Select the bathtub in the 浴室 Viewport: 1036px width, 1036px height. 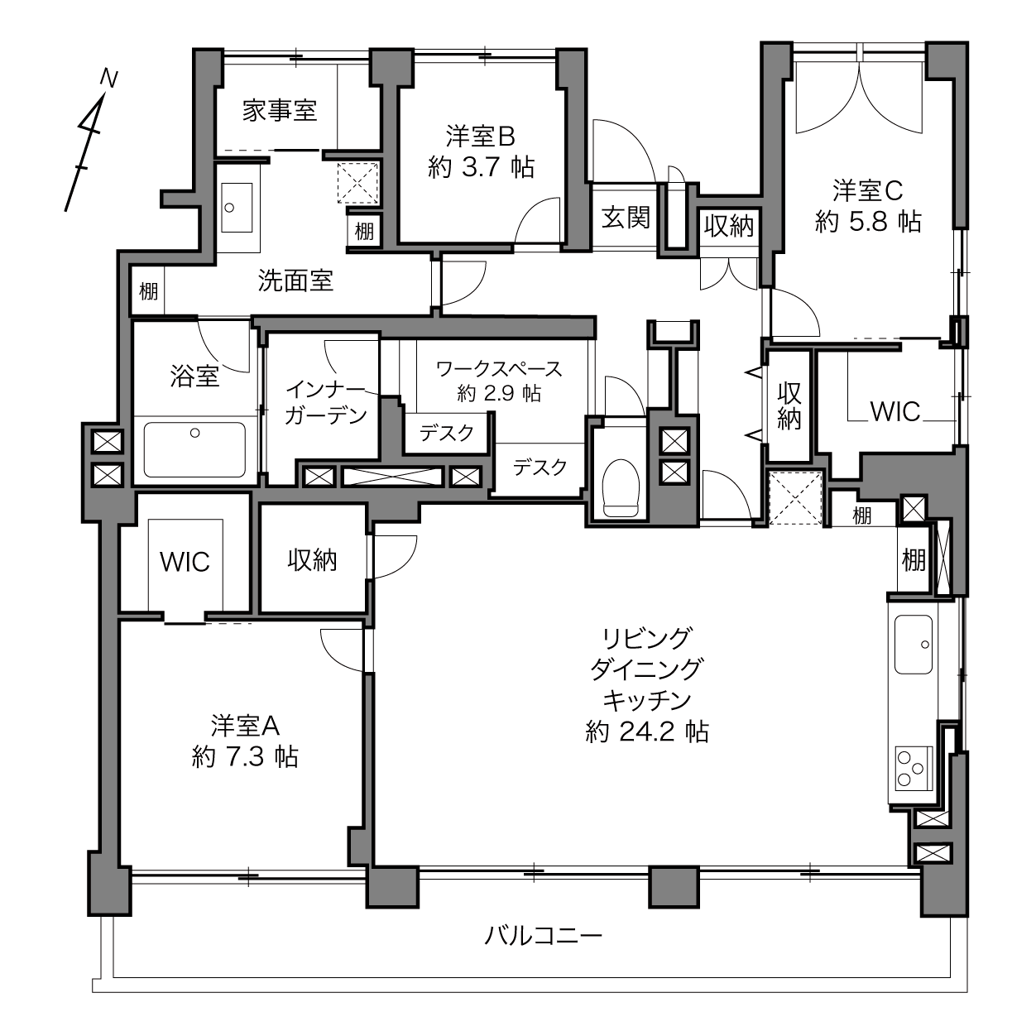pyautogui.click(x=194, y=449)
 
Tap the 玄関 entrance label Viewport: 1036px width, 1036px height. pyautogui.click(x=625, y=218)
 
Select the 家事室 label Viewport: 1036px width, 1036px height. pyautogui.click(x=280, y=110)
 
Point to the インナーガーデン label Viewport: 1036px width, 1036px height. pyautogui.click(x=324, y=402)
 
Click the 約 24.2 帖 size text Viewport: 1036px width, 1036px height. pyautogui.click(x=646, y=731)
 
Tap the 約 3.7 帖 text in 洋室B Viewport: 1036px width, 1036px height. pyautogui.click(x=481, y=168)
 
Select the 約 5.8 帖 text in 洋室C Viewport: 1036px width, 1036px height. pyautogui.click(x=867, y=221)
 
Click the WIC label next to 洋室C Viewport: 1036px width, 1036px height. pyautogui.click(x=895, y=411)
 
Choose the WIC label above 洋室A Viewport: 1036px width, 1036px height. pyautogui.click(x=185, y=562)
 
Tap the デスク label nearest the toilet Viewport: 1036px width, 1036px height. pyautogui.click(x=540, y=468)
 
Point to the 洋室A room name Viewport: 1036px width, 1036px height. pyautogui.click(x=246, y=726)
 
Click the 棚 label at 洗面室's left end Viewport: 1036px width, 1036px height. pyautogui.click(x=148, y=291)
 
